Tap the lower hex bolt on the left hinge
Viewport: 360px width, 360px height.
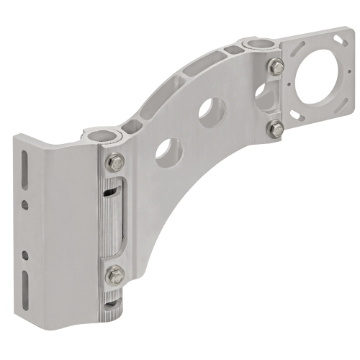coord(113,274)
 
